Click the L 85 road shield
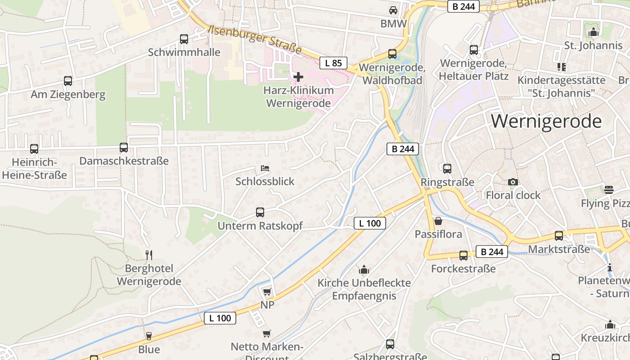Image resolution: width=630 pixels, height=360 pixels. click(x=333, y=63)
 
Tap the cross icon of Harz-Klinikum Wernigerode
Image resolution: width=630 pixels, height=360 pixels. click(x=298, y=77)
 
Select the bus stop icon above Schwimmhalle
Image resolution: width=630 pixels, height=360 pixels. click(x=184, y=39)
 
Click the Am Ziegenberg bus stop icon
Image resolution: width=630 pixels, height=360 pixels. click(x=68, y=81)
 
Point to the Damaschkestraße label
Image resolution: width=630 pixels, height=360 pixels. click(x=124, y=161)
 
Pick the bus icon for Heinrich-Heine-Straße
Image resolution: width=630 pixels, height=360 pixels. click(x=34, y=149)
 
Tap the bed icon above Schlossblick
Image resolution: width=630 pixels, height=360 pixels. click(x=265, y=169)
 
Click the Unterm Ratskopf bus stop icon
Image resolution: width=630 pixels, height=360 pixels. click(x=260, y=212)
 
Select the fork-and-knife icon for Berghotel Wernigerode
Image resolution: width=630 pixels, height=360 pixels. click(x=149, y=255)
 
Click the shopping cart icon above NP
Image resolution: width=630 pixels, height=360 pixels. click(x=267, y=292)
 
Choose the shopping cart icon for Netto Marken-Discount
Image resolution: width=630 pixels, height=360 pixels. click(x=267, y=334)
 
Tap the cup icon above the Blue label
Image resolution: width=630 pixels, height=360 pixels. click(x=149, y=336)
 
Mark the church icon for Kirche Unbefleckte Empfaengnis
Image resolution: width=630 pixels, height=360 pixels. click(x=364, y=270)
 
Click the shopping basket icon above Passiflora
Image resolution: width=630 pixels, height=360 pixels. click(x=438, y=221)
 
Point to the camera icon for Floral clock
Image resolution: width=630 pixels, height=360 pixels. click(x=513, y=182)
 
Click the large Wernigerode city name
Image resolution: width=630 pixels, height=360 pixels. click(x=546, y=121)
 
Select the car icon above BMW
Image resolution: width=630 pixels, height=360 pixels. click(x=393, y=10)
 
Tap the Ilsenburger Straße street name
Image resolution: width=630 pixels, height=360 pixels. click(x=255, y=39)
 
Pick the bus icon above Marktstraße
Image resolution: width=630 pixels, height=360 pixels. click(x=559, y=236)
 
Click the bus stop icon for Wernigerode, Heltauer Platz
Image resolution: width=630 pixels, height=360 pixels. click(x=474, y=50)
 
